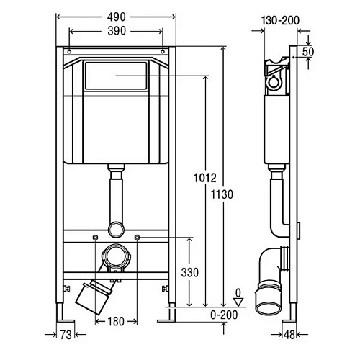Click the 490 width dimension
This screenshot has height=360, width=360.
pos(116,17)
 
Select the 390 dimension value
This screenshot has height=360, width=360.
pos(117,31)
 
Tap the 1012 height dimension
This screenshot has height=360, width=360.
pos(205,178)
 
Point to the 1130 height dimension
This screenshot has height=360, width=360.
pos(222,194)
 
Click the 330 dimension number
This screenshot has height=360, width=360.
pos(190,272)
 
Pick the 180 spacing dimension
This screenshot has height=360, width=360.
pos(116,322)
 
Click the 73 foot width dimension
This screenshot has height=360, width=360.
pos(66,335)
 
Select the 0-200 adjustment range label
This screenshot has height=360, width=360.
pos(224,315)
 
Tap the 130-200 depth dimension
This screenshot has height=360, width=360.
pos(280,20)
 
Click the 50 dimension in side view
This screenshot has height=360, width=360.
pos(308,52)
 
